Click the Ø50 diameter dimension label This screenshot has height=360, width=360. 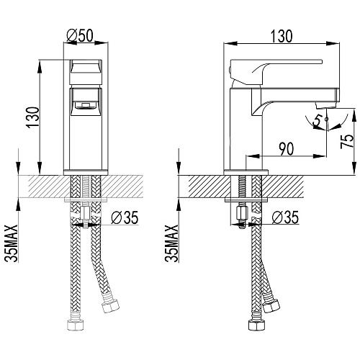(80, 35)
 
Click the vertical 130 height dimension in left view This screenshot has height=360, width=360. (34, 117)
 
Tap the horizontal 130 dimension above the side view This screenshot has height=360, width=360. (282, 36)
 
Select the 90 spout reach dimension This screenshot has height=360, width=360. (287, 149)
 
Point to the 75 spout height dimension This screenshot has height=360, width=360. (348, 141)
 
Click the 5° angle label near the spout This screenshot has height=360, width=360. (318, 121)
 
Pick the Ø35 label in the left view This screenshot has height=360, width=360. (125, 217)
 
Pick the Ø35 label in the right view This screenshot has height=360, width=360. (286, 217)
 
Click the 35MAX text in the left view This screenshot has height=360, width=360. (12, 243)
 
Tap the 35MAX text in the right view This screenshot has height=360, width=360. (172, 243)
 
